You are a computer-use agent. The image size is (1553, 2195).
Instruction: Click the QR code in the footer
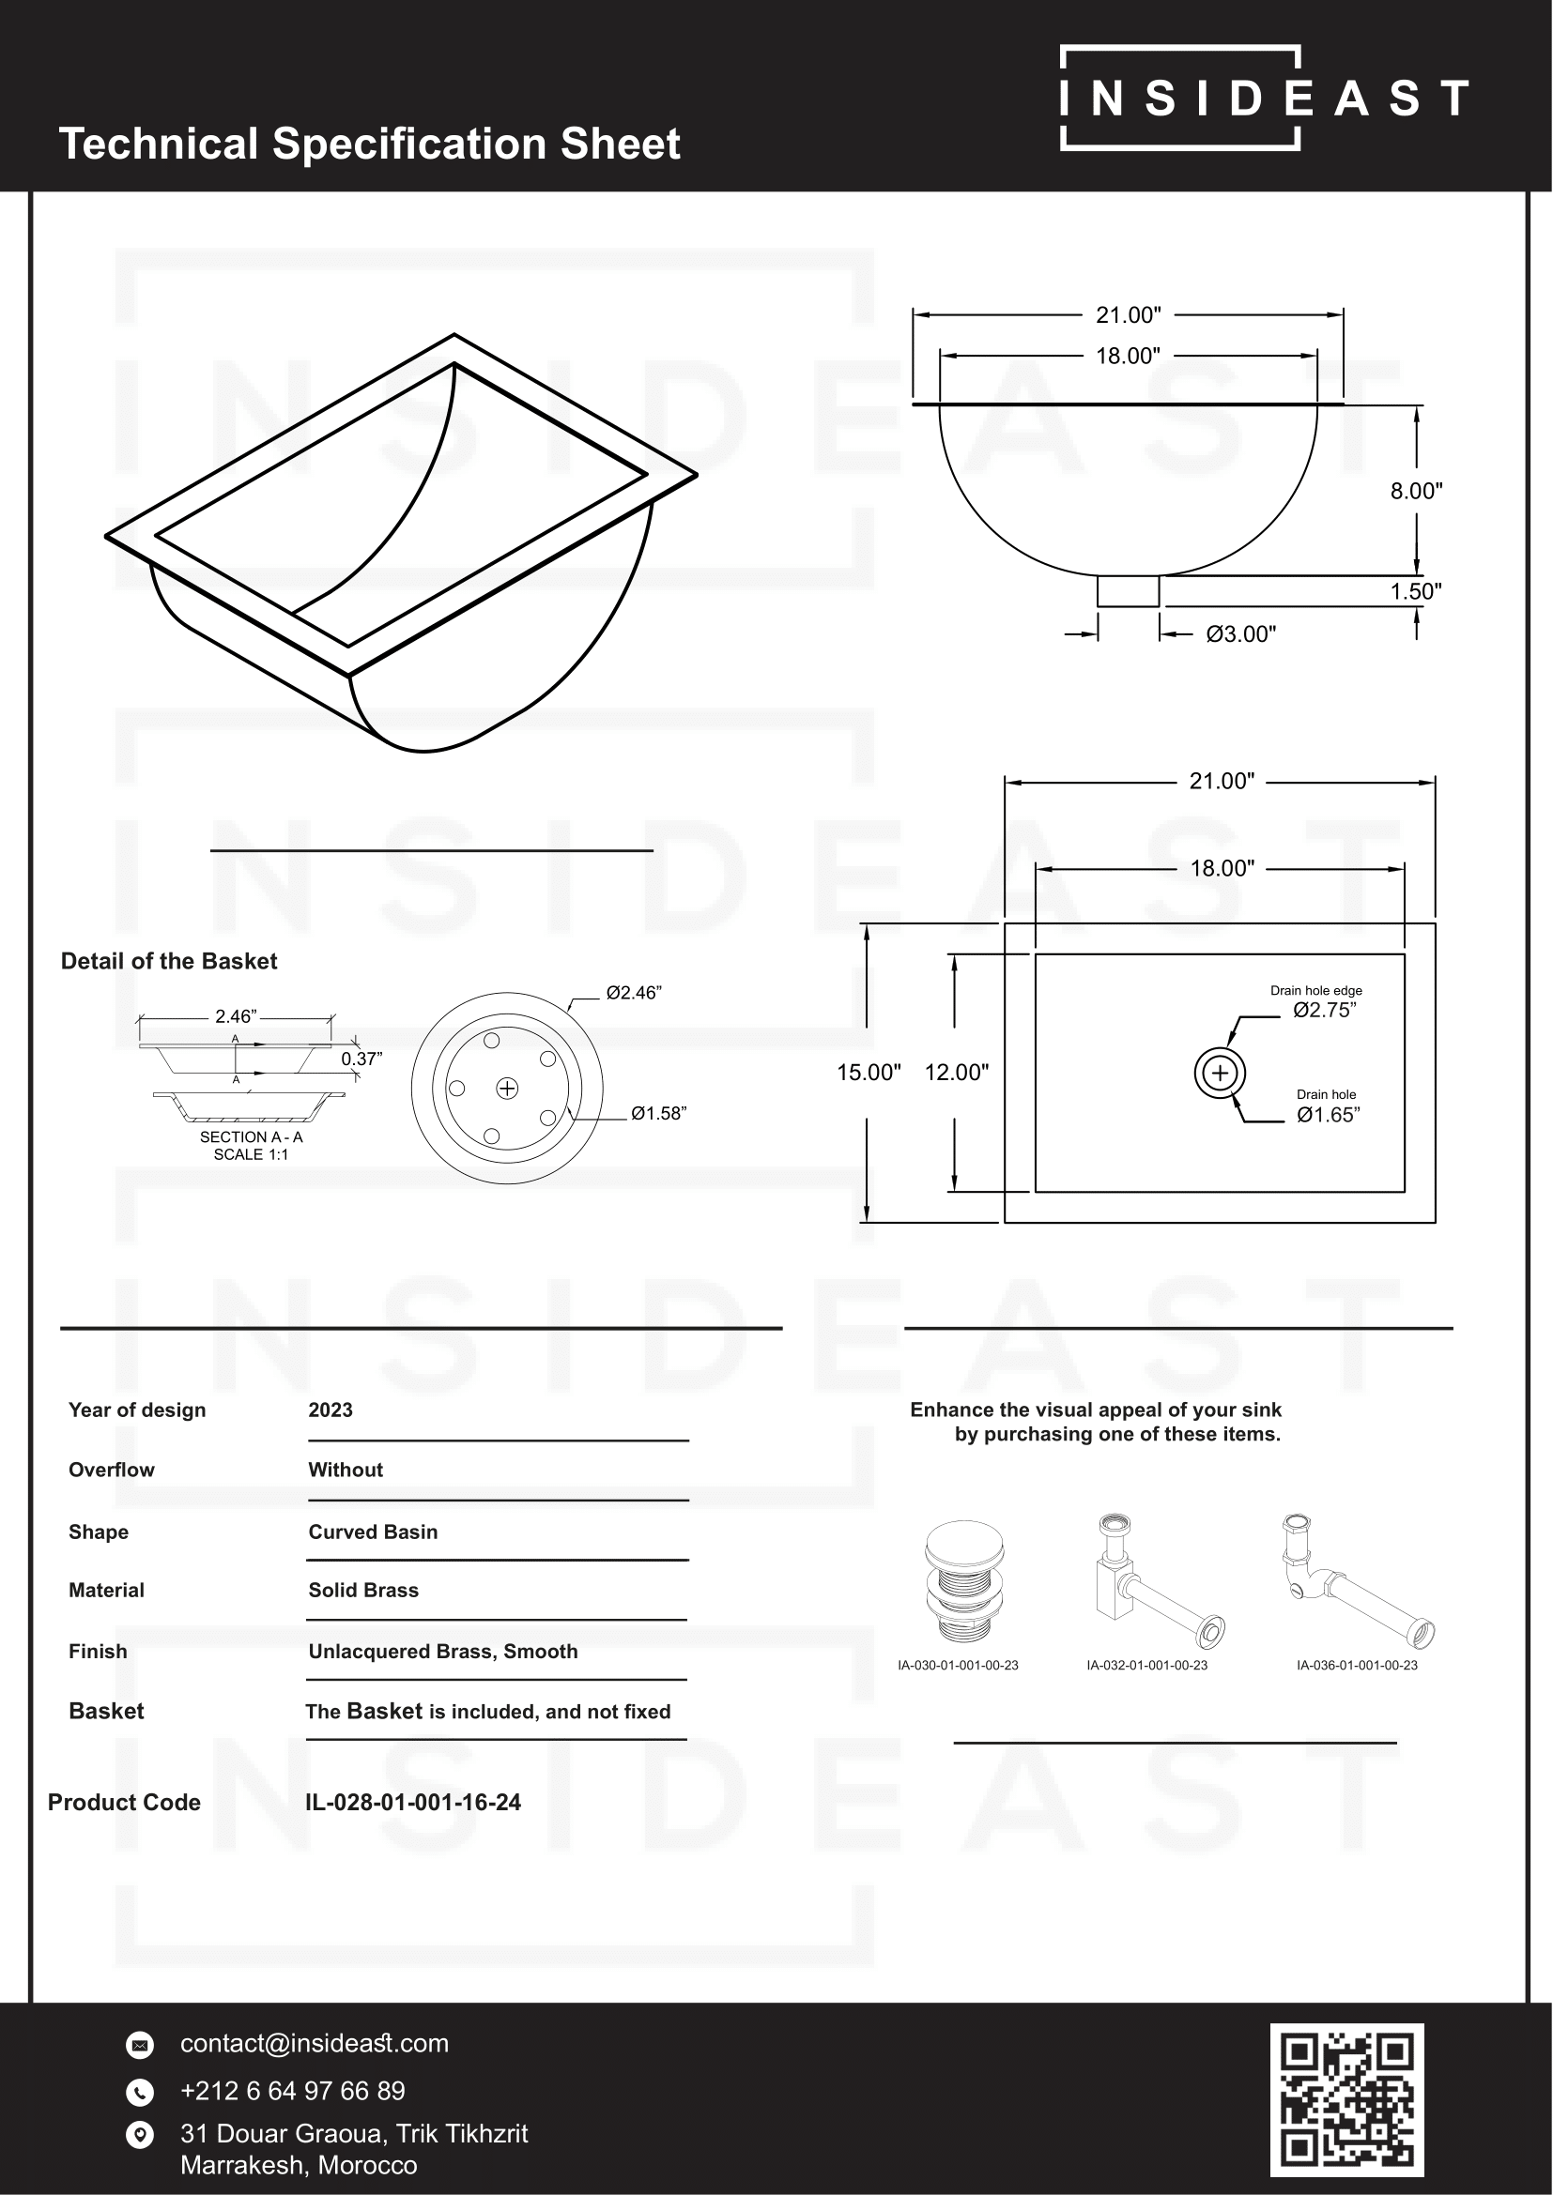pos(1346,2098)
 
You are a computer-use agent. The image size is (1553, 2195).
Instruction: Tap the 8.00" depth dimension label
pos(1415,492)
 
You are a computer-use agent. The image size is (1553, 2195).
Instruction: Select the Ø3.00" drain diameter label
pos(1240,633)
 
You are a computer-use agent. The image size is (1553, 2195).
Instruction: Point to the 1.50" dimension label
pos(1415,591)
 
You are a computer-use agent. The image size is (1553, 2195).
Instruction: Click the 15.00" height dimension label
pos(869,1073)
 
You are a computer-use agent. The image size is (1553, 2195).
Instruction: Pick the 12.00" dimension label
pos(956,1073)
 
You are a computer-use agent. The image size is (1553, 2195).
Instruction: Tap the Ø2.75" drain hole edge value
pos(1325,1011)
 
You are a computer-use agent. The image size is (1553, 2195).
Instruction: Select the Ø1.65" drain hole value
pos(1329,1115)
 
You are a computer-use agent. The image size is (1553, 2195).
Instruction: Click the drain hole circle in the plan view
pos(1220,1073)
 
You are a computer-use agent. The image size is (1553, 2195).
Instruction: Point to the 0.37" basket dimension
pos(361,1059)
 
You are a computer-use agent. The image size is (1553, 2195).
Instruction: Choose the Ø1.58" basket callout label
pos(659,1114)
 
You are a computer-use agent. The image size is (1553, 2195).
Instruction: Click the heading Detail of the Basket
pos(169,962)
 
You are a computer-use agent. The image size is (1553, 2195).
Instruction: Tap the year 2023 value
pos(331,1410)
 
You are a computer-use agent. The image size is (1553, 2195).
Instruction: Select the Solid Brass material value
pos(363,1590)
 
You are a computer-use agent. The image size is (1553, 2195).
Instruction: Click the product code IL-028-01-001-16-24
pos(413,1802)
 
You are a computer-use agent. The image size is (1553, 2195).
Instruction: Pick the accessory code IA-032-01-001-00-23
pos(1146,1666)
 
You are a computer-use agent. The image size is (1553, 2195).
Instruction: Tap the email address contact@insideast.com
pos(315,2043)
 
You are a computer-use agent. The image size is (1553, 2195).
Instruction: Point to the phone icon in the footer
pos(140,2092)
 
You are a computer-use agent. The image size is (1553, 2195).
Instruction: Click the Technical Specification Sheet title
pos(369,145)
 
